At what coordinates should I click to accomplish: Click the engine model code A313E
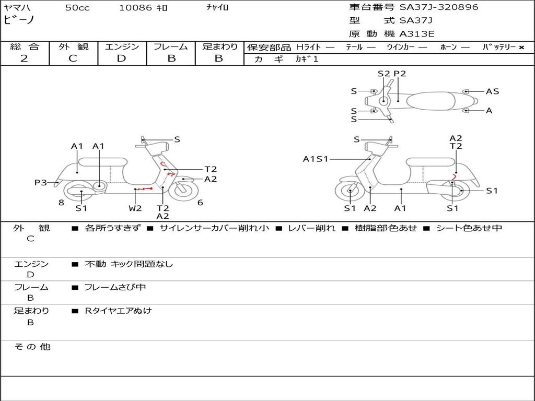[x=417, y=34]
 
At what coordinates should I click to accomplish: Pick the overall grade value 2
[x=24, y=58]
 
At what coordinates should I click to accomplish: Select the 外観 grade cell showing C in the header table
[x=73, y=58]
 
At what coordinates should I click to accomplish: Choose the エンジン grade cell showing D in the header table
[x=121, y=58]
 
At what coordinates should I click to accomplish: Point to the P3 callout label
[x=40, y=182]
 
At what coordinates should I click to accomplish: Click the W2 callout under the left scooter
[x=135, y=208]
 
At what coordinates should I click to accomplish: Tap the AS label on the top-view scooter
[x=492, y=91]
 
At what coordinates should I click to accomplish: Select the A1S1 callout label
[x=316, y=159]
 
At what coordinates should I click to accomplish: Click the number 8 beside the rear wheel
[x=61, y=203]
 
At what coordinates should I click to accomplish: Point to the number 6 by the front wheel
[x=200, y=203]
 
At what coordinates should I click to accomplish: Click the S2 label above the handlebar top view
[x=383, y=74]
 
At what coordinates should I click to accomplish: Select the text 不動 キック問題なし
[x=129, y=264]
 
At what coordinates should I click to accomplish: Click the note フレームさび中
[x=115, y=287]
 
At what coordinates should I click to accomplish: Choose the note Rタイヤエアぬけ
[x=118, y=311]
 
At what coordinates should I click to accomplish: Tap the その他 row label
[x=32, y=347]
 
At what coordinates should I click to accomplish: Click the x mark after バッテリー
[x=521, y=47]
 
